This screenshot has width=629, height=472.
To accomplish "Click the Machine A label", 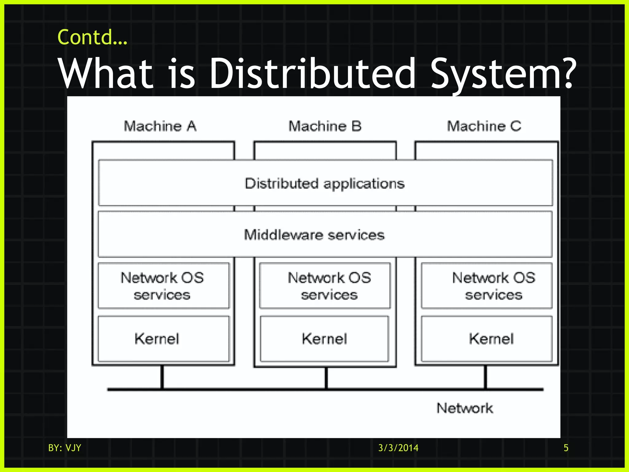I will tap(160, 126).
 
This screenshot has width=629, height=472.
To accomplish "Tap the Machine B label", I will tap(325, 126).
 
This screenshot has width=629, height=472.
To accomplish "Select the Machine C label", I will tap(484, 126).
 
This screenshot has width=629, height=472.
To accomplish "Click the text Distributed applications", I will tap(325, 183).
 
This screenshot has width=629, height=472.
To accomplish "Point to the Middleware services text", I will tap(314, 235).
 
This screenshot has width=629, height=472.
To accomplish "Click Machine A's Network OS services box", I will tap(163, 285).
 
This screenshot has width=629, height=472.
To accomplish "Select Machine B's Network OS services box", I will tap(325, 285).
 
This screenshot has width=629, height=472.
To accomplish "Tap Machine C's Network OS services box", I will tap(487, 285).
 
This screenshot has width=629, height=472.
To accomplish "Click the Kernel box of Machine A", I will tap(163, 339).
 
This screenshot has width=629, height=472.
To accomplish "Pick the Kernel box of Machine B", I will tap(325, 339).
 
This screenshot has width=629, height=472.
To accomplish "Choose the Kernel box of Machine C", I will tap(487, 339).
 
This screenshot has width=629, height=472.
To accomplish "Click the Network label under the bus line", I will tap(465, 408).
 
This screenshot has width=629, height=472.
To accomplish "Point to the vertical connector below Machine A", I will tap(162, 377).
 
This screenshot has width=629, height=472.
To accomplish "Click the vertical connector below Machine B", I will tap(326, 378).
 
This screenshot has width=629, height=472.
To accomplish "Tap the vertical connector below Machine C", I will tap(486, 377).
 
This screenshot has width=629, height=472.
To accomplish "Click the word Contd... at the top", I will tap(92, 37).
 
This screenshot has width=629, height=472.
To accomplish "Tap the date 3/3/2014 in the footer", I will tap(398, 448).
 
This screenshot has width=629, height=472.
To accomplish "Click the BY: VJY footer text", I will tap(64, 448).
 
